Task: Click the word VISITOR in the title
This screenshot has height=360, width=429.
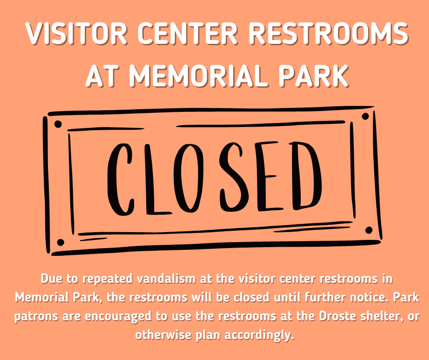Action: [x=76, y=33]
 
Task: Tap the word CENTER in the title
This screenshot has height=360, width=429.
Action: [x=187, y=33]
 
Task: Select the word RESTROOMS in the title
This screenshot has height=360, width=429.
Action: [x=328, y=33]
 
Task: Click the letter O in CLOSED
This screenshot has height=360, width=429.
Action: [x=188, y=178]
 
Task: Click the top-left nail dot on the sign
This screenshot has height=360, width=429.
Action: [x=58, y=124]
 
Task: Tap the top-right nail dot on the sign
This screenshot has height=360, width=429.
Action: [x=365, y=116]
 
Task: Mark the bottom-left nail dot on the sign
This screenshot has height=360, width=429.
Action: [x=60, y=243]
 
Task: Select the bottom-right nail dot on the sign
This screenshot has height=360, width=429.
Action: [x=369, y=230]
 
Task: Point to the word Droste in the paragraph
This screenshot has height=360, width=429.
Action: [x=337, y=317]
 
